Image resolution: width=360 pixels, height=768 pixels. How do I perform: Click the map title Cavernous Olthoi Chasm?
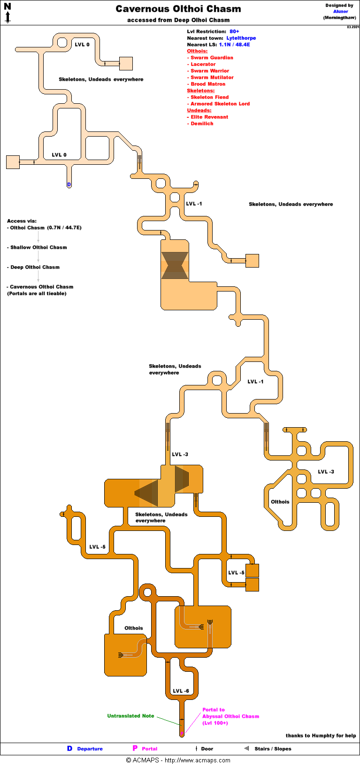[x=178, y=9]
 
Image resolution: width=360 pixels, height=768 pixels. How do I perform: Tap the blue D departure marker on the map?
[x=69, y=184]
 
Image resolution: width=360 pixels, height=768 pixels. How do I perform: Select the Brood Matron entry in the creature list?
[x=207, y=84]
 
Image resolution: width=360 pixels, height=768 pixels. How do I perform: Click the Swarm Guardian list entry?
[x=212, y=58]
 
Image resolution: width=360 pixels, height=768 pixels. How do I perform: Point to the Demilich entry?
[x=202, y=123]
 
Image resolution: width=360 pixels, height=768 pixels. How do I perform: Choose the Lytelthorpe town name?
[x=241, y=38]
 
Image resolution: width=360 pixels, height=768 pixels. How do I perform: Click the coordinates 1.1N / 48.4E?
[x=234, y=45]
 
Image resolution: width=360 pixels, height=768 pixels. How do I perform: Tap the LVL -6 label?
[x=181, y=691]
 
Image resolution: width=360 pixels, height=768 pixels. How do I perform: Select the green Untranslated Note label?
[x=130, y=716]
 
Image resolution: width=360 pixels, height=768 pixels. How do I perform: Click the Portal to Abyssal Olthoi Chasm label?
[x=230, y=716]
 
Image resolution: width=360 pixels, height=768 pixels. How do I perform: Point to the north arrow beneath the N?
[x=8, y=18]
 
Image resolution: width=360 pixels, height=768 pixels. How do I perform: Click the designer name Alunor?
[x=341, y=11]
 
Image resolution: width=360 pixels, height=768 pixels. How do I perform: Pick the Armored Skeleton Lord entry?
[x=220, y=104]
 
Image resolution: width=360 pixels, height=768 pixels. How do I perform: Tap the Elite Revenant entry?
[x=209, y=117]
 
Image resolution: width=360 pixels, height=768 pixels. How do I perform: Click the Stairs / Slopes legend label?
[x=273, y=749]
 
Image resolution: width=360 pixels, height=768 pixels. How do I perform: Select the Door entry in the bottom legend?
[x=207, y=749]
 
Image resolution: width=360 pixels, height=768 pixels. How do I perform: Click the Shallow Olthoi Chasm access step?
[x=38, y=247]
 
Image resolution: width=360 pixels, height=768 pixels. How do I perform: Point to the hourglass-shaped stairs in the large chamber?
[x=175, y=266]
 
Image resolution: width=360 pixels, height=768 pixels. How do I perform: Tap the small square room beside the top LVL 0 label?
[x=126, y=63]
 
